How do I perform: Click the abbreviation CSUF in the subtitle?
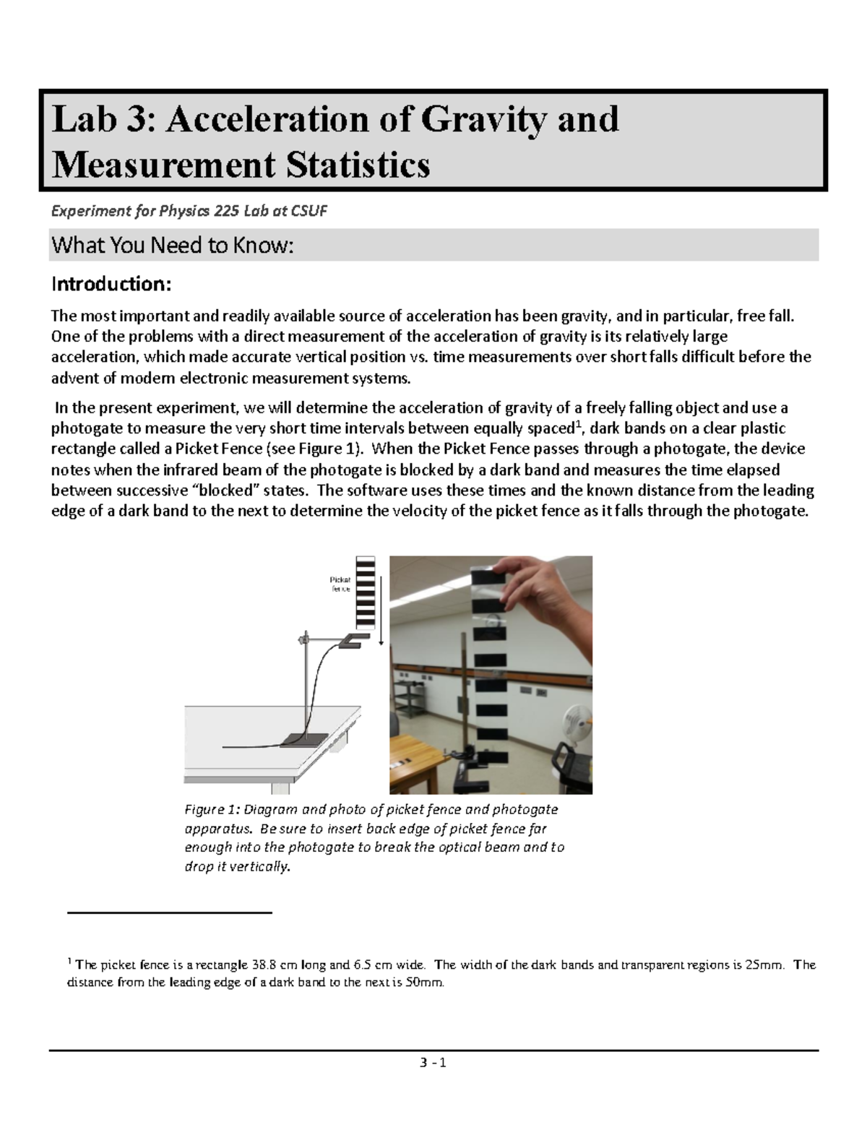(309, 211)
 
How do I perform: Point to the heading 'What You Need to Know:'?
(173, 246)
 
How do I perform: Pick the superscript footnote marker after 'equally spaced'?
(577, 423)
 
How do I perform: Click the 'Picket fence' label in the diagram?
(340, 584)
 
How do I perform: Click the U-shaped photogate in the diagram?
(353, 639)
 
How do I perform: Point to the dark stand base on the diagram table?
(297, 738)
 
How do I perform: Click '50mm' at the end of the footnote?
(426, 983)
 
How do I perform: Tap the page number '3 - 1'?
(433, 1063)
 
